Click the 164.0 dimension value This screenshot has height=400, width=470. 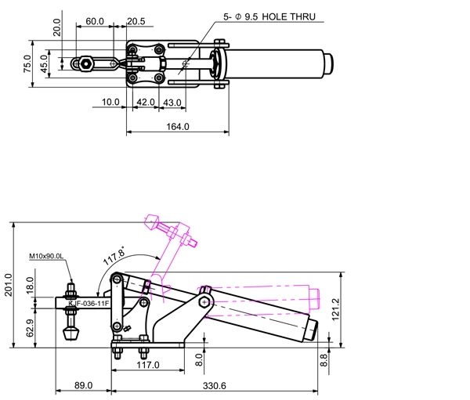coord(178,127)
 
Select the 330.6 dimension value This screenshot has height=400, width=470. coord(215,386)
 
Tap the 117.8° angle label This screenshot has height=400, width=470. coord(114,256)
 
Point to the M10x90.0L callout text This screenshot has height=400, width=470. coord(46,256)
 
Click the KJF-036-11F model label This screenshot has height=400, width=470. coord(89,304)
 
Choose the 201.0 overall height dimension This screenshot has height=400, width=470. coord(8,285)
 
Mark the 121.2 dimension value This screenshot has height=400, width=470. coord(336,309)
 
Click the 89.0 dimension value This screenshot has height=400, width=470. coord(83,385)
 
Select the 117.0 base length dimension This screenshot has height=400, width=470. coord(148,365)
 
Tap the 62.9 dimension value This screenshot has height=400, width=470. coord(30,328)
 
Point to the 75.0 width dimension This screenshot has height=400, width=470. coord(27,63)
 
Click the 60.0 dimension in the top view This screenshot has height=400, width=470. coord(95,21)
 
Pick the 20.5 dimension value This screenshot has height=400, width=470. coord(136,21)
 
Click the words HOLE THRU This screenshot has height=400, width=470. coord(288,16)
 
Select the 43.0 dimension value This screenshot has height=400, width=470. coord(172,103)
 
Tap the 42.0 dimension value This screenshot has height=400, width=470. coord(146,103)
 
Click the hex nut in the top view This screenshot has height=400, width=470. coord(86,64)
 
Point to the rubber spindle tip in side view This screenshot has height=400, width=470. coord(70,333)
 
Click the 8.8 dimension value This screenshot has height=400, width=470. coord(324,360)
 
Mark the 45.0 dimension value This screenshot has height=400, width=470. coord(44,63)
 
